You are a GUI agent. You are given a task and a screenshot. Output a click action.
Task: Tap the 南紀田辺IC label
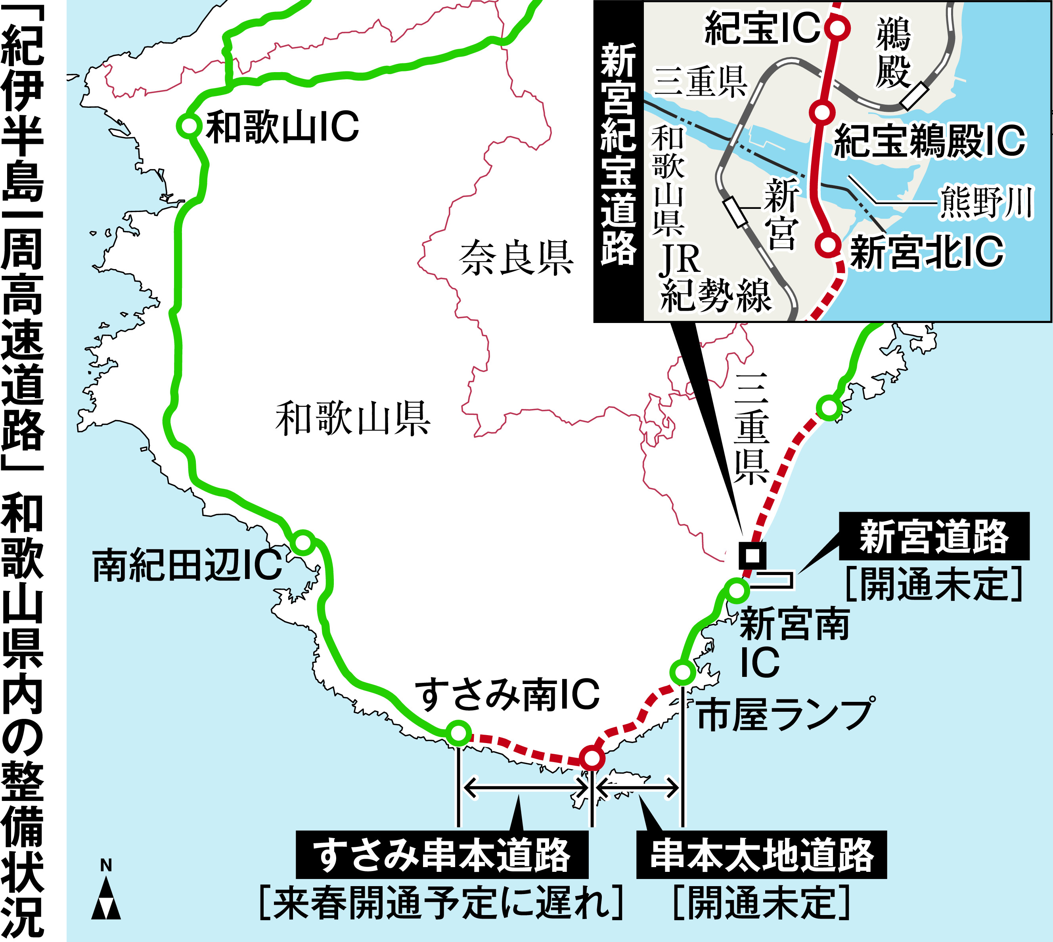click(187, 565)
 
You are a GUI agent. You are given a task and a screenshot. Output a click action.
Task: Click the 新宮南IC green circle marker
click(736, 590)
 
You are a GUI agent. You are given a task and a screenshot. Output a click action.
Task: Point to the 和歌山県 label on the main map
click(352, 418)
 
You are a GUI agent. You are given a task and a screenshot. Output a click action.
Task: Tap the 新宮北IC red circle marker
click(828, 243)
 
